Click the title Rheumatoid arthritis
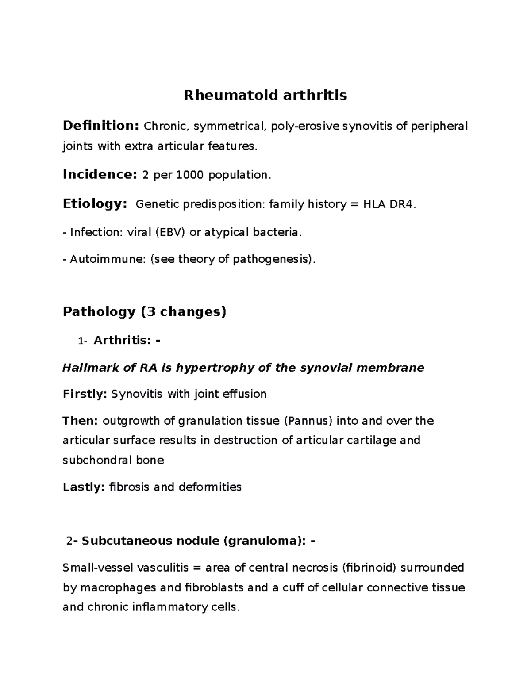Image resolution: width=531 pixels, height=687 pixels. [x=265, y=95]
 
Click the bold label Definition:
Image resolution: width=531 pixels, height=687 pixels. [x=101, y=126]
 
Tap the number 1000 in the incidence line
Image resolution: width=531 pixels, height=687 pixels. [x=190, y=175]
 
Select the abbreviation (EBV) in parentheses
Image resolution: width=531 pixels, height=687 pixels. [x=170, y=232]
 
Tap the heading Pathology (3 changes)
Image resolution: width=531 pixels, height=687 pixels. [x=145, y=312]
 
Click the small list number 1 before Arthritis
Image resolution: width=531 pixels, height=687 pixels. [x=80, y=341]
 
